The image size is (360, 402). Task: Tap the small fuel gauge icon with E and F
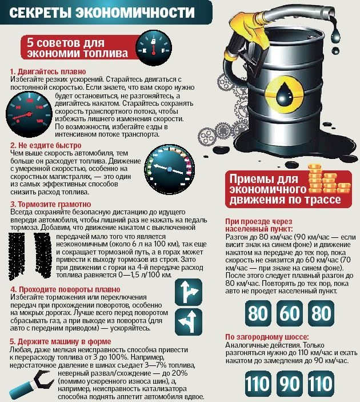[x=154, y=45]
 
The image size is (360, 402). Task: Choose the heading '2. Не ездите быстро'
[x=41, y=146]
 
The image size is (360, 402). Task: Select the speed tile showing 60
[x=289, y=314]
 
